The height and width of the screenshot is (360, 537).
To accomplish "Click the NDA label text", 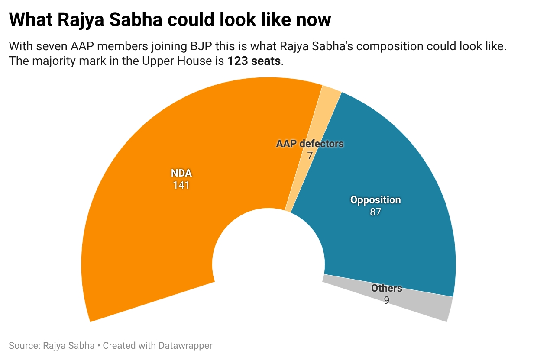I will [181, 174].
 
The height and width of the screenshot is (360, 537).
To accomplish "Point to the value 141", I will [181, 185].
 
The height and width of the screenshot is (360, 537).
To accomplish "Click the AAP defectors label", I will [310, 144].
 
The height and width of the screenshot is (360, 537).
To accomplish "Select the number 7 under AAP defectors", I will [310, 155].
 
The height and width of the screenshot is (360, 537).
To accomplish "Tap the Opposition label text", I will [375, 200].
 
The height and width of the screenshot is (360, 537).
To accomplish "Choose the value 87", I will [375, 212].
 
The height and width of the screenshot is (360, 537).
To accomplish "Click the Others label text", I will [386, 288].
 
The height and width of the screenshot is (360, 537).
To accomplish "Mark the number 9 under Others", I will [386, 300].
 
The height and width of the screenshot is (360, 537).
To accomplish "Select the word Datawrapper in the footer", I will [185, 346].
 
